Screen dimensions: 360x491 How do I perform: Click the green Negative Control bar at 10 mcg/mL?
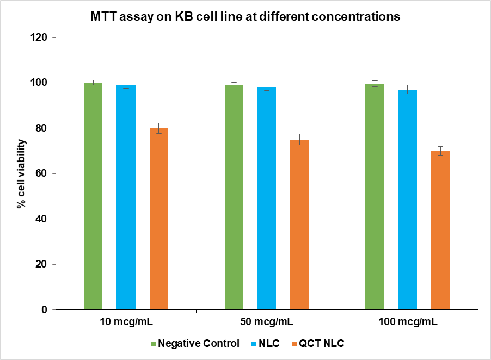pos(93,196)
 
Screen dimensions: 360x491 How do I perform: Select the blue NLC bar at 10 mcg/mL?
pos(126,197)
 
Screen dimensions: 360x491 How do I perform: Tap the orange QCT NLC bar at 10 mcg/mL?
pos(159,219)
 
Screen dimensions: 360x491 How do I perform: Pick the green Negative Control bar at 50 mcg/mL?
pos(234,197)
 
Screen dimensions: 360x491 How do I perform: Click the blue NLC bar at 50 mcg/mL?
pos(267,198)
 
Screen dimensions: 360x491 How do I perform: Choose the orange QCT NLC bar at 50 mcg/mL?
pos(299,225)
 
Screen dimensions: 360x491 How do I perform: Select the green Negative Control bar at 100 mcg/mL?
pos(375,196)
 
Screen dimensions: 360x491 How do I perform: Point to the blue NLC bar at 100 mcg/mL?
pos(408,200)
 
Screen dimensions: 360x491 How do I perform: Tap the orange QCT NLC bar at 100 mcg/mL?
pos(440,230)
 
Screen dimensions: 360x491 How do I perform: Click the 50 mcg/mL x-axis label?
pos(267,321)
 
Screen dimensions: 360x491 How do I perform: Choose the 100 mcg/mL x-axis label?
pos(408,321)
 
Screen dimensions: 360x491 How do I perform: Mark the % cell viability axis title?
pos(20,174)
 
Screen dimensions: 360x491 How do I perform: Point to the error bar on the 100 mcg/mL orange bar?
pos(440,151)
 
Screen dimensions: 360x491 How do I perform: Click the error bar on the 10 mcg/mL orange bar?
pos(159,128)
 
